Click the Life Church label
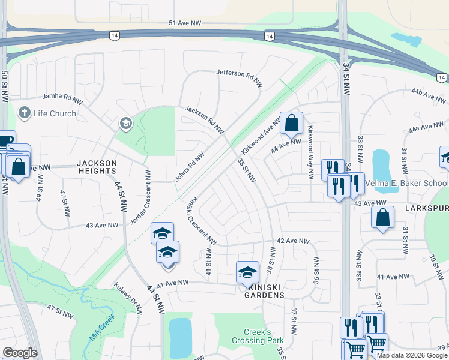55,113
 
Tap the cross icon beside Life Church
25,112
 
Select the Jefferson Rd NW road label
240,76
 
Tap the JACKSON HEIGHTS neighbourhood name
97,167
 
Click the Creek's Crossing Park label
264,336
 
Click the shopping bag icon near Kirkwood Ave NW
291,123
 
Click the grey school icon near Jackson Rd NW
125,124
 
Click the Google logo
20,353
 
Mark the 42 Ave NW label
293,241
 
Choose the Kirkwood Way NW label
310,153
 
